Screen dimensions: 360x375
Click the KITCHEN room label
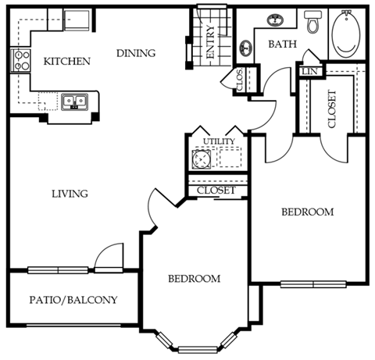pos(66,61)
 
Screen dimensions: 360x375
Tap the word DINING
pos(136,53)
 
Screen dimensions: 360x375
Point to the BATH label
pos(281,45)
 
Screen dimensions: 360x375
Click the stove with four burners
pos(19,60)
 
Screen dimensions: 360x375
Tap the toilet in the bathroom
pos(313,23)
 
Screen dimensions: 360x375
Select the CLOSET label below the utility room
pos(216,190)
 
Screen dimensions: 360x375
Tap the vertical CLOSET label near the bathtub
pos(331,110)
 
